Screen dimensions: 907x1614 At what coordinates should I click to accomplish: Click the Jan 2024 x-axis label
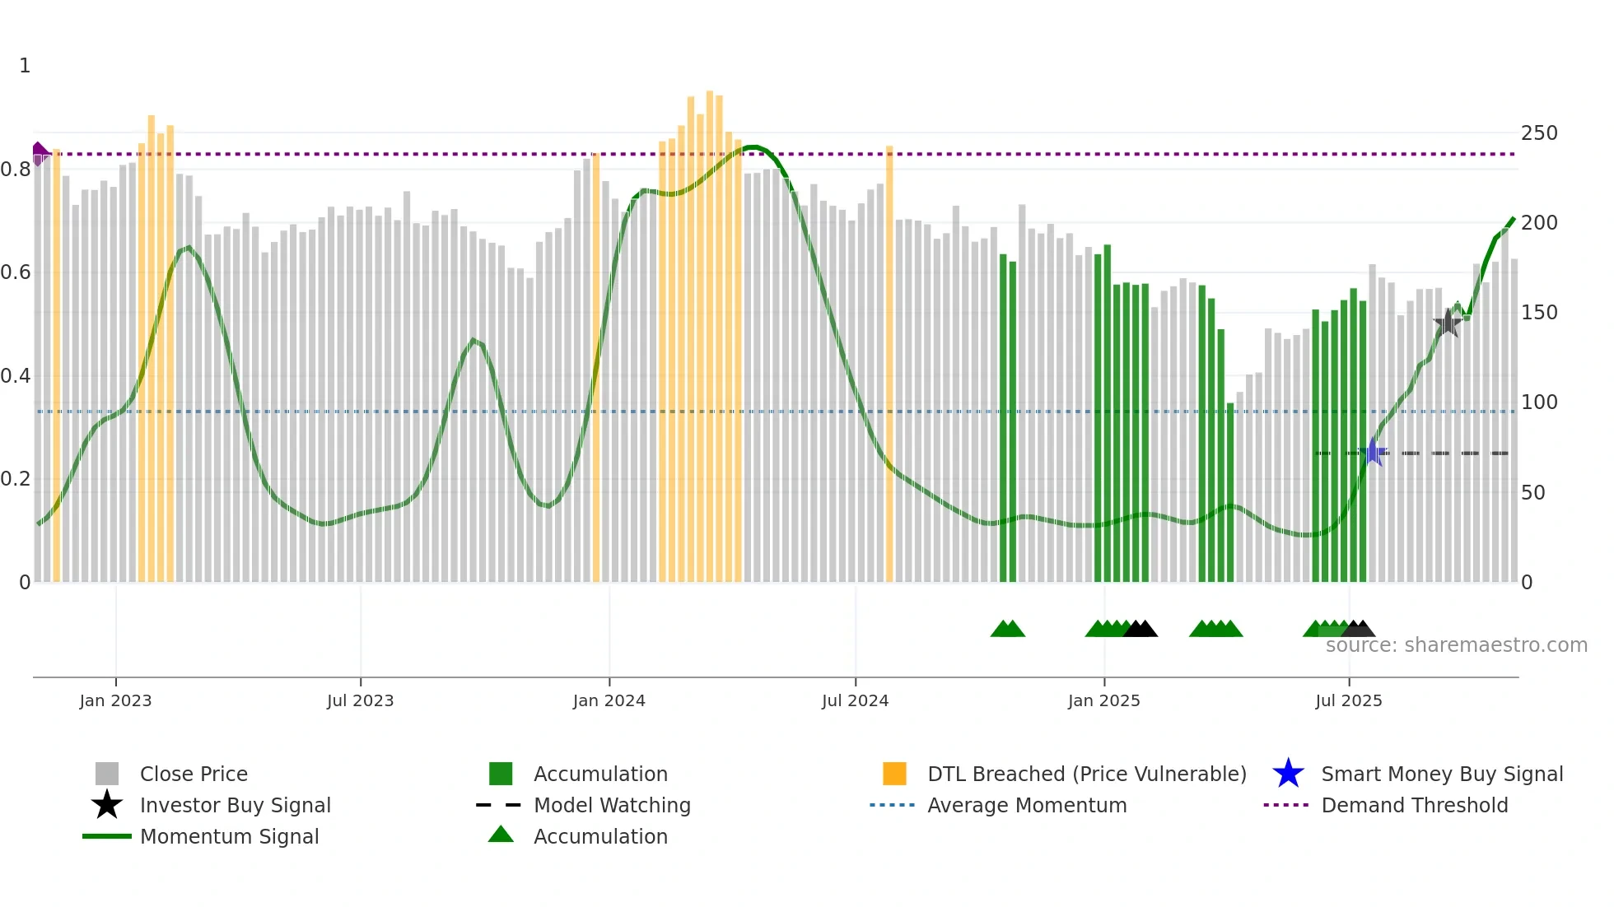click(609, 700)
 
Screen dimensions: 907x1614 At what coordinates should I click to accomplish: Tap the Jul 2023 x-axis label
click(360, 700)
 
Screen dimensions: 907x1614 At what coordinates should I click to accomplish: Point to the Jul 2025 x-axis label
click(1348, 700)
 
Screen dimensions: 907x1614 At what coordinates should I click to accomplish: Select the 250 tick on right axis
click(1538, 133)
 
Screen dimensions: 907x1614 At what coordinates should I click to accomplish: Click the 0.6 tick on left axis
click(16, 272)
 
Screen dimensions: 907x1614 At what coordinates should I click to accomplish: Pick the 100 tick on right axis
click(1538, 402)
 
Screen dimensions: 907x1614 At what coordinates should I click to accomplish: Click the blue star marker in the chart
click(1373, 452)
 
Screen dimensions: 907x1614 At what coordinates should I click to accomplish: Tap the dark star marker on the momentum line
click(1448, 323)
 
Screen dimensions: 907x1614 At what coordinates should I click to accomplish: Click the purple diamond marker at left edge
click(39, 153)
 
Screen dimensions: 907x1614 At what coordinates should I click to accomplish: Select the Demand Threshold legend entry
click(1414, 805)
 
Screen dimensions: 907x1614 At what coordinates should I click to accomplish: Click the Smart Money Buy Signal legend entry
click(1441, 774)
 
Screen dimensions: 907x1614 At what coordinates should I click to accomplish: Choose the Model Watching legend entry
click(611, 805)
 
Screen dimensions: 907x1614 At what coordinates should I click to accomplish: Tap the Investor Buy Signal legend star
click(107, 805)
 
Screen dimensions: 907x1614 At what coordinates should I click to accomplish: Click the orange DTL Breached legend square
click(894, 774)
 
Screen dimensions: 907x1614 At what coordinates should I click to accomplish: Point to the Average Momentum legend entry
click(1026, 805)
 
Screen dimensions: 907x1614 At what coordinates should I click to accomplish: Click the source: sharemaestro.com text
click(1456, 645)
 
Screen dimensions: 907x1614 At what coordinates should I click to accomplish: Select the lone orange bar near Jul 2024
click(889, 362)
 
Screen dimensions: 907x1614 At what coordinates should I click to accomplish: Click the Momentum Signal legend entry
click(228, 836)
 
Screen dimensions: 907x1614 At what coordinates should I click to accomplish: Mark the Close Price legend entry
click(193, 774)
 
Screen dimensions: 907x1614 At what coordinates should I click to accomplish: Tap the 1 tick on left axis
click(25, 66)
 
